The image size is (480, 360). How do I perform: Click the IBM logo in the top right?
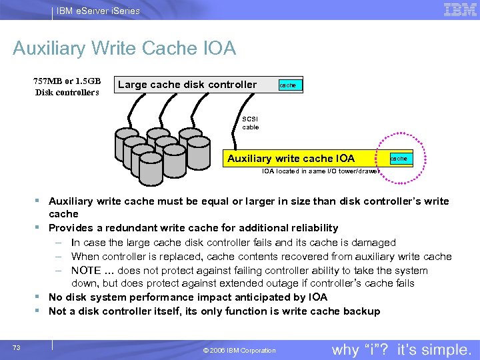tap(460, 9)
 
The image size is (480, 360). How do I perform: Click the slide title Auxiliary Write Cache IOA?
tap(124, 49)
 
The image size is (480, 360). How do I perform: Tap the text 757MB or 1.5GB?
tap(67, 81)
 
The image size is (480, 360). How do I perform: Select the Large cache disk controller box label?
tap(187, 85)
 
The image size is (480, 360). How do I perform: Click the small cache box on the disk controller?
tap(287, 85)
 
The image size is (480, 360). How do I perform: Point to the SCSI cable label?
tap(251, 123)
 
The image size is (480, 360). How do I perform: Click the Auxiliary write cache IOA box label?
tap(291, 159)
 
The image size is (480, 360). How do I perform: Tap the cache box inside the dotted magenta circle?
tap(399, 159)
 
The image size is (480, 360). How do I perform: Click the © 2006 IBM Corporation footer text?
tap(238, 351)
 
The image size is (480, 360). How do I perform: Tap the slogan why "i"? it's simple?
tap(401, 349)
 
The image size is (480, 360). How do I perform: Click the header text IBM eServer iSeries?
tap(99, 11)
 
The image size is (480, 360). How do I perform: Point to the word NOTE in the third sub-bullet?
tap(86, 271)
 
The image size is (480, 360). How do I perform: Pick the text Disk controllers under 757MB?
tap(67, 92)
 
